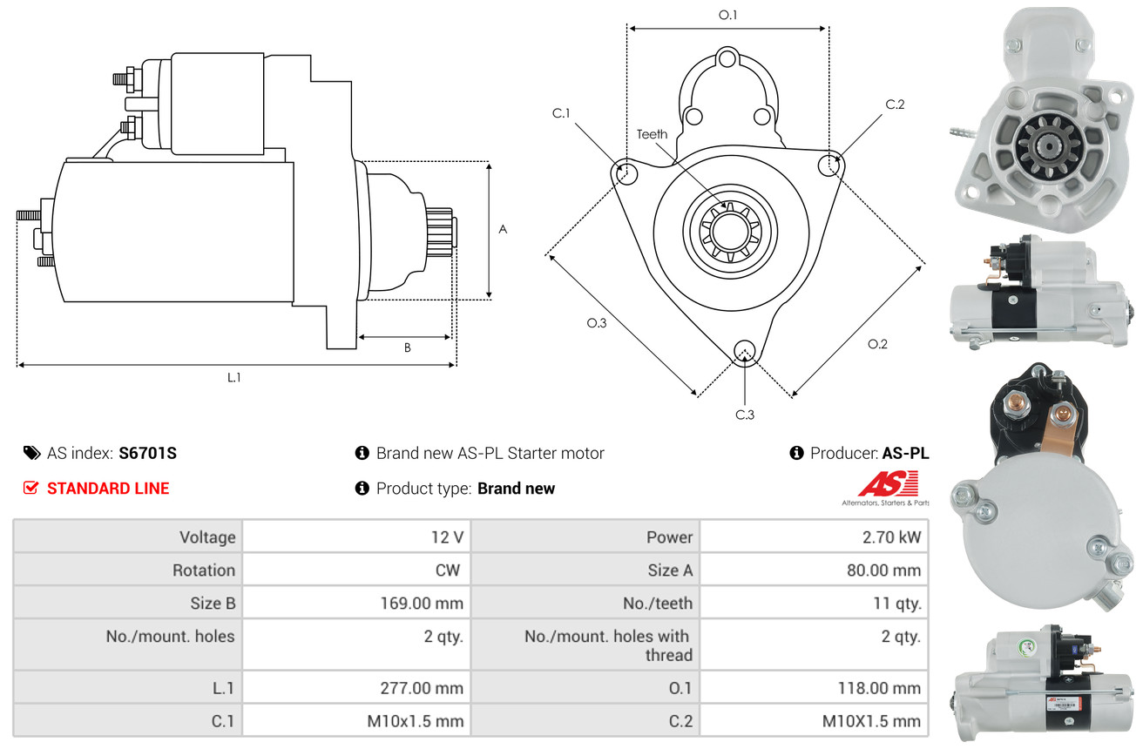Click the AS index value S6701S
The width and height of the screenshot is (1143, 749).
(x=148, y=453)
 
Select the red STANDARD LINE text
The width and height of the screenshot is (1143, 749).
(x=107, y=489)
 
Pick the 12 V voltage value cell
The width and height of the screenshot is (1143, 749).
(x=446, y=537)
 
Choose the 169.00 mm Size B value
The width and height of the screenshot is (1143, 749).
(x=422, y=603)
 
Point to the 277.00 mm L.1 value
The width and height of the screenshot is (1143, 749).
(x=422, y=688)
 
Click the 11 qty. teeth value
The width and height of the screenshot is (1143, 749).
(x=896, y=603)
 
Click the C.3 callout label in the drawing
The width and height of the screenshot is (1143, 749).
(x=744, y=415)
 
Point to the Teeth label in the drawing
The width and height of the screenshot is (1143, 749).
(x=652, y=134)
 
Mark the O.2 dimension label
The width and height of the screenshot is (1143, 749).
(x=877, y=344)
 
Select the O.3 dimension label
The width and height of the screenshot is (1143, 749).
(x=596, y=323)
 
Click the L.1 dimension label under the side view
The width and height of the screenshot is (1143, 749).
(x=233, y=377)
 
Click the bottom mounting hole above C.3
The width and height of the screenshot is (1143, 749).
(x=744, y=350)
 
